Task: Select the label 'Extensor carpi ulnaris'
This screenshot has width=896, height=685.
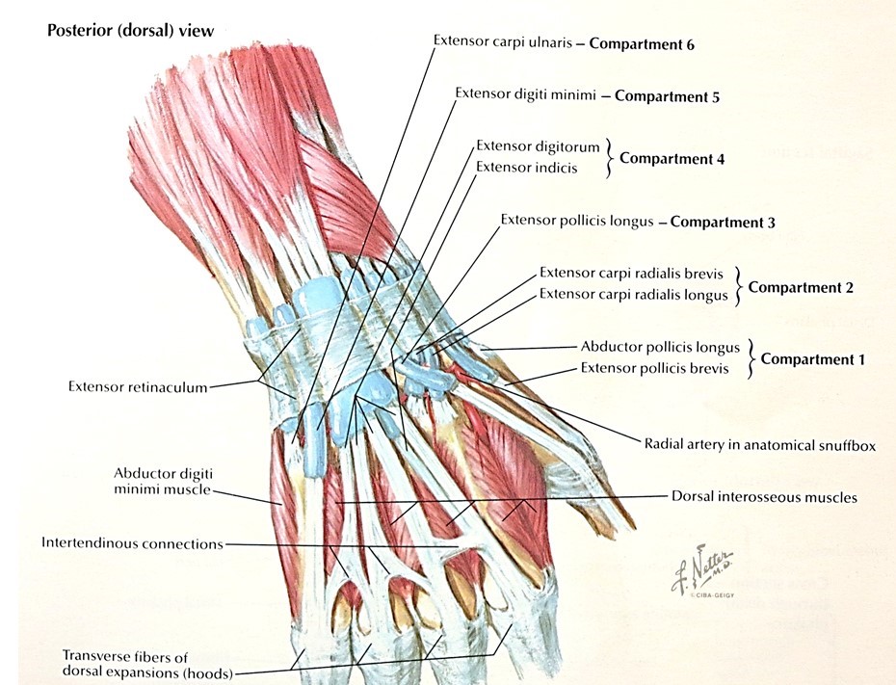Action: (x=504, y=42)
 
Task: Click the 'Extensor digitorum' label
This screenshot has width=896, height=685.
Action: (x=538, y=146)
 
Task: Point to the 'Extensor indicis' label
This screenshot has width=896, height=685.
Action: (x=527, y=168)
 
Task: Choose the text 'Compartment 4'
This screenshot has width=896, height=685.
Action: (x=672, y=158)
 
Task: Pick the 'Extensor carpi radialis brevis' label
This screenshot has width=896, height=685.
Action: (x=632, y=274)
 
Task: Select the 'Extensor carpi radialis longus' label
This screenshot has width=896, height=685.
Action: (x=633, y=295)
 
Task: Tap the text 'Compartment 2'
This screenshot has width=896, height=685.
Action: (x=801, y=287)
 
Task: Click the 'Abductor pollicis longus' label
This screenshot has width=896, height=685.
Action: (x=660, y=347)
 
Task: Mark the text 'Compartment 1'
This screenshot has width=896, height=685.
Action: (x=812, y=358)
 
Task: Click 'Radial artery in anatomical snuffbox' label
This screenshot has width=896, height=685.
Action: (x=759, y=445)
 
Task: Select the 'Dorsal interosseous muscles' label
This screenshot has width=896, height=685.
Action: (x=764, y=498)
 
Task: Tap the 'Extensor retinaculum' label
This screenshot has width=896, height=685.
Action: (x=138, y=387)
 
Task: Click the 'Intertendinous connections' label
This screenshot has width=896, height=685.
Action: (x=132, y=543)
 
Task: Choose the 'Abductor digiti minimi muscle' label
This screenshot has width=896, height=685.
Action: (x=162, y=482)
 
